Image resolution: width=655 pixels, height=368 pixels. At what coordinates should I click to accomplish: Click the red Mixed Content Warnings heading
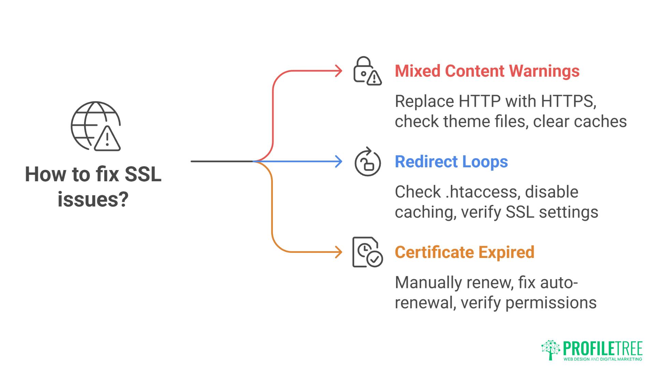(x=487, y=71)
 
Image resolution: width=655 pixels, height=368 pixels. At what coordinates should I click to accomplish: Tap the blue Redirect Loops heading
(x=451, y=162)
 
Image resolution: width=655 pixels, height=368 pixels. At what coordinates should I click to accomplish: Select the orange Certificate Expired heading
(x=464, y=252)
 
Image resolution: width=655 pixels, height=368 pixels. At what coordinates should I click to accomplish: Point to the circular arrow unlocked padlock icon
(x=367, y=162)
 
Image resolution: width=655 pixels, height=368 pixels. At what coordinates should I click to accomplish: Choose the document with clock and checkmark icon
(x=367, y=252)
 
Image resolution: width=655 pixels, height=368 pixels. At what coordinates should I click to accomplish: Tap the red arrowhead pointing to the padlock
(x=338, y=71)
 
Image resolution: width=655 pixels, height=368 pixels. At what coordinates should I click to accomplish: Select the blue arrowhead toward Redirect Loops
(x=338, y=162)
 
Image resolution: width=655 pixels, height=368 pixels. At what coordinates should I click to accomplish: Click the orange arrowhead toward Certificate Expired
(x=338, y=252)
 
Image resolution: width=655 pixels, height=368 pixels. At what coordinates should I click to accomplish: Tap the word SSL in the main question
(x=143, y=174)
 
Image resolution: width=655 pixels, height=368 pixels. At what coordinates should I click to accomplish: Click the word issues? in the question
(x=93, y=200)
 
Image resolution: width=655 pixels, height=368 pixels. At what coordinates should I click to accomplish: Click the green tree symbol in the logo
(x=550, y=350)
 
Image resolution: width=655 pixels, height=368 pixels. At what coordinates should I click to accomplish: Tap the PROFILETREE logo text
(x=602, y=349)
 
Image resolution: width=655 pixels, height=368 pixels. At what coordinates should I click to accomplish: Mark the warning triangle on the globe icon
(x=107, y=139)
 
